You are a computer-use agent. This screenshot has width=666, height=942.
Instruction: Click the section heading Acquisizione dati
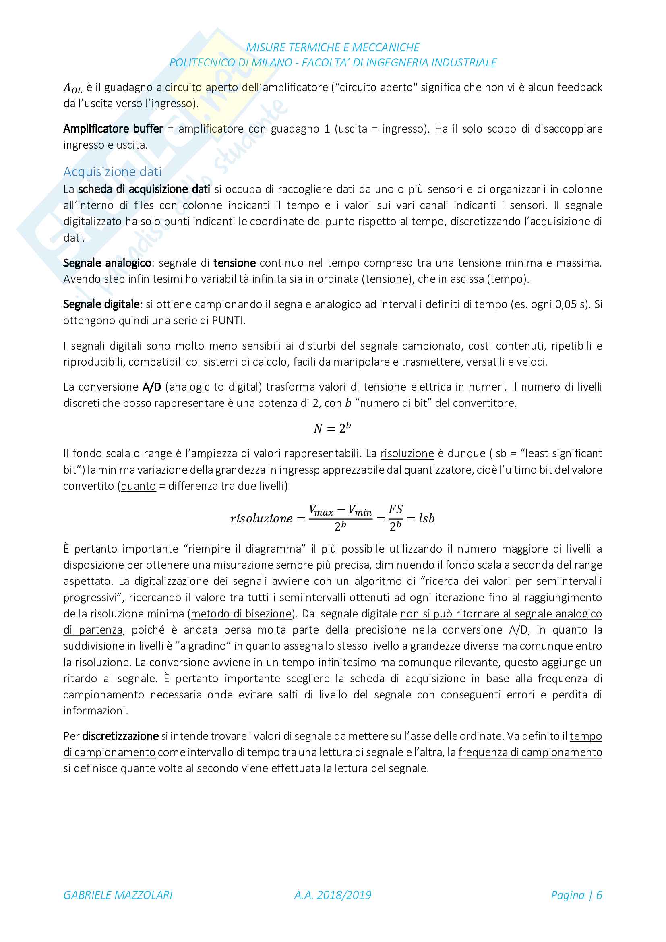pos(112,172)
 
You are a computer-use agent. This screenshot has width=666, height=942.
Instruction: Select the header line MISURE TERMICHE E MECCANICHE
pos(333,48)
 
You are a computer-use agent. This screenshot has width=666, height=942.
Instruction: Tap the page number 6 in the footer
pos(599,895)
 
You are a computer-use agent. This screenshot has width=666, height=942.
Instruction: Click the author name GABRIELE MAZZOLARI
pos(118,895)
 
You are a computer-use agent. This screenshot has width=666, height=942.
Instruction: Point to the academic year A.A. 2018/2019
pos(333,895)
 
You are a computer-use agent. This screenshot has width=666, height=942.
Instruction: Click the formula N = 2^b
pos(332,428)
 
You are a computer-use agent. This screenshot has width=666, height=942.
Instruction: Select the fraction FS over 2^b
pos(395,518)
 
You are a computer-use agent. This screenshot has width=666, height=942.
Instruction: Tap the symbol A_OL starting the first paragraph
pos(72,88)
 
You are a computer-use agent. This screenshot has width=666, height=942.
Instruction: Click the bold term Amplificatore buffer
pos(113,129)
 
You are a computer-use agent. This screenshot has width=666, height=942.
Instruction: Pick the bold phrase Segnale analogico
pos(108,263)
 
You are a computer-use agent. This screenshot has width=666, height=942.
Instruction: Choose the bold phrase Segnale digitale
pos(102,304)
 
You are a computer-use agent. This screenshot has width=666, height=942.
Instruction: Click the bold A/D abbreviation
pos(152,387)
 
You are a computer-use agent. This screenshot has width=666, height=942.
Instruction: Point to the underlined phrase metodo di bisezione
pos(241,613)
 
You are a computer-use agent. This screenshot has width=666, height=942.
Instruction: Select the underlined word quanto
pos(138,486)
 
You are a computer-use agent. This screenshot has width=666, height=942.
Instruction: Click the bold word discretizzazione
pos(120,736)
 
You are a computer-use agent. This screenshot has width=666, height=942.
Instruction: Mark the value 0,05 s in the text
pos(571,304)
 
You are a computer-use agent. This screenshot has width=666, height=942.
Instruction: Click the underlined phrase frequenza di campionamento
pos(530,752)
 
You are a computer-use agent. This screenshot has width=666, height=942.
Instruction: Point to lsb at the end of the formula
pos(426,518)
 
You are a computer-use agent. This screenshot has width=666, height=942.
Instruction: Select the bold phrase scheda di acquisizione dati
pos(144,189)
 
